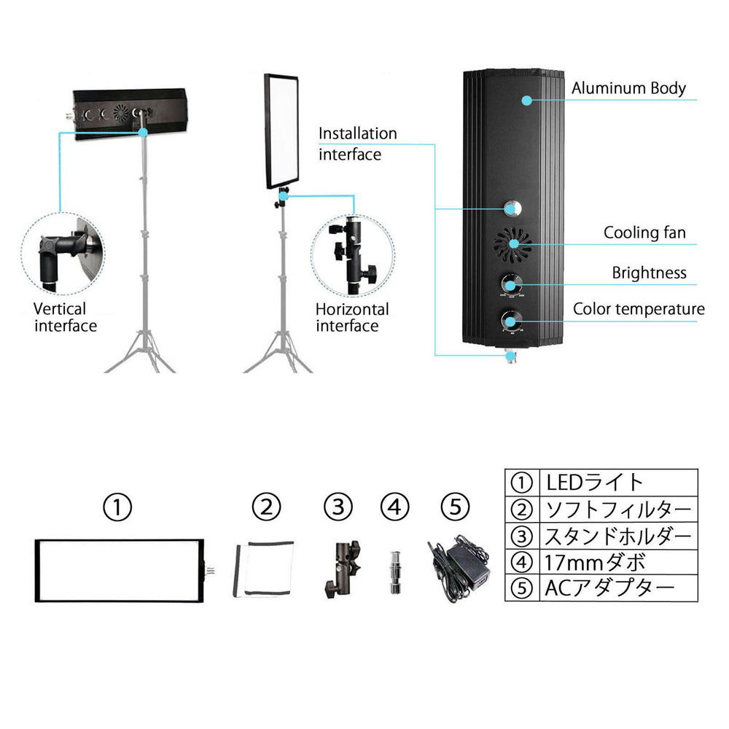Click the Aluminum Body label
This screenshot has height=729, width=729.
628,88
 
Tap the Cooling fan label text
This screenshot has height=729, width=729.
644,233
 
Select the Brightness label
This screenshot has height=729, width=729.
649,273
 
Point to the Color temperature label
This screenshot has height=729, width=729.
639,309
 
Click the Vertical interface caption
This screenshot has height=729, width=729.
65,317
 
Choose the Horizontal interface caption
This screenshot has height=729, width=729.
352,317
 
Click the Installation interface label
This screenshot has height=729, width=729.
357,144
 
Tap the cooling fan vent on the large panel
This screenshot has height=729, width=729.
512,243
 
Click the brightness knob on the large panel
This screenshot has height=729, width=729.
511,284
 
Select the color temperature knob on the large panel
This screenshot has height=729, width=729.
511,320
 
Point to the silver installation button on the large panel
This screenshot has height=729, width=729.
512,208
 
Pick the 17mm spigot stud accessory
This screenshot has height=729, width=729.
395,572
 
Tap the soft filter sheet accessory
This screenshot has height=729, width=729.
264,569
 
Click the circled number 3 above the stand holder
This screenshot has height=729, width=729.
338,507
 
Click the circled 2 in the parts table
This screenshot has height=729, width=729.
522,510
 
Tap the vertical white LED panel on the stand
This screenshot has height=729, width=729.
281,131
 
